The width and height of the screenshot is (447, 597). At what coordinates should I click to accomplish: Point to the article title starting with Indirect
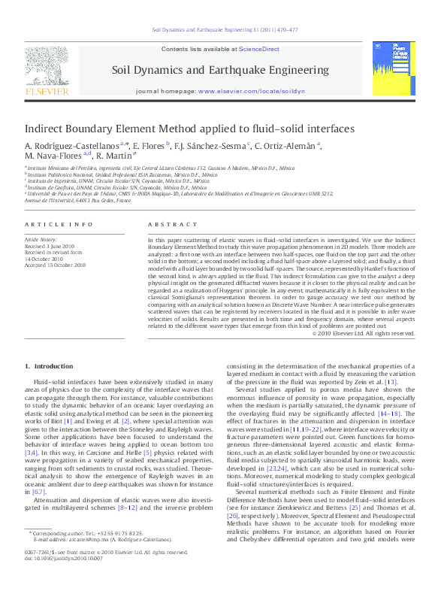(189, 129)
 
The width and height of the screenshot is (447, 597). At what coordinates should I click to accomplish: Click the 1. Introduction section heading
(49, 366)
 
